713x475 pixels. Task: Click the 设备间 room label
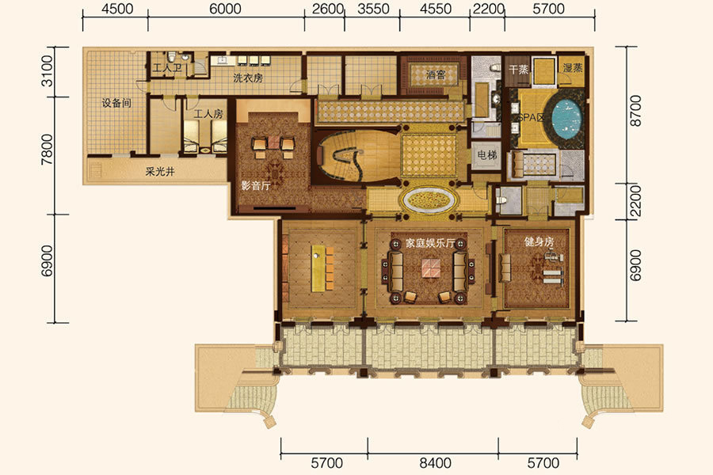tap(116, 103)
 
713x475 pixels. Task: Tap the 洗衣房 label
tap(248, 78)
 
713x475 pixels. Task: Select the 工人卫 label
tap(167, 69)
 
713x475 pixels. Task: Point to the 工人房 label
tap(208, 114)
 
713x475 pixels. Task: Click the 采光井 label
tap(159, 172)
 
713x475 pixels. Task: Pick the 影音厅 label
tap(256, 185)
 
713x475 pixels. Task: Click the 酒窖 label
tap(436, 74)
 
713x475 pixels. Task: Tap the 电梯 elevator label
tap(487, 155)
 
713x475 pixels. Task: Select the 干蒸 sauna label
tap(518, 70)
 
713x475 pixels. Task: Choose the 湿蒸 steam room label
tap(573, 68)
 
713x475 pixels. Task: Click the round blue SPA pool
tap(566, 117)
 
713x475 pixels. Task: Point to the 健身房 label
tap(539, 241)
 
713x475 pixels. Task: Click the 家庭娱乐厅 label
tap(430, 243)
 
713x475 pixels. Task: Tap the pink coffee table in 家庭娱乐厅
tap(430, 268)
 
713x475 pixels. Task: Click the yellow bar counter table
tap(318, 268)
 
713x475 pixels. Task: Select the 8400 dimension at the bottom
tap(435, 463)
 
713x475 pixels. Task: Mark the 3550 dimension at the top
tap(373, 9)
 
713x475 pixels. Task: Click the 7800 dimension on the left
tap(47, 150)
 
